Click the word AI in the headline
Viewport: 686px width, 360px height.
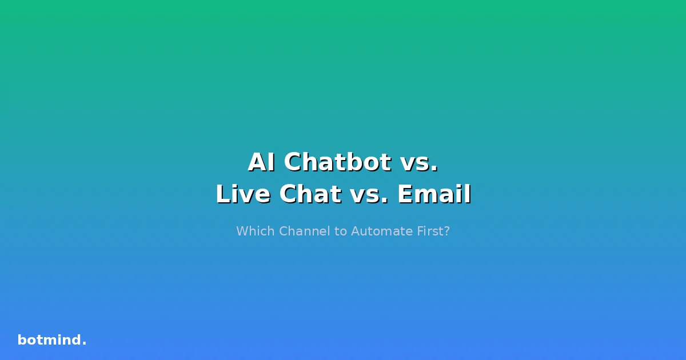[x=262, y=162]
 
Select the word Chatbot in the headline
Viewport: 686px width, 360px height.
[x=337, y=162]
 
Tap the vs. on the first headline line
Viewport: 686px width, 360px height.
[x=420, y=162]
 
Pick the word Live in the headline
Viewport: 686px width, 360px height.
[x=242, y=194]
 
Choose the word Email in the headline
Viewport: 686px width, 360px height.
[x=434, y=194]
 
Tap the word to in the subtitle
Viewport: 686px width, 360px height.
[x=340, y=231]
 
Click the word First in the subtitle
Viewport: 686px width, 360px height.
[x=430, y=231]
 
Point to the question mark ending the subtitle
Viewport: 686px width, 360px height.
[x=446, y=231]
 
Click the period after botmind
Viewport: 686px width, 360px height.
[x=85, y=343]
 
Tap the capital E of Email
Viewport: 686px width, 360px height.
[x=404, y=194]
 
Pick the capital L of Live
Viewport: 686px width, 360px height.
[x=222, y=194]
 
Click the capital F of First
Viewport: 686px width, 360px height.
[x=420, y=231]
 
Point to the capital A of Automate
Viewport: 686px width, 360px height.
[x=355, y=231]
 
